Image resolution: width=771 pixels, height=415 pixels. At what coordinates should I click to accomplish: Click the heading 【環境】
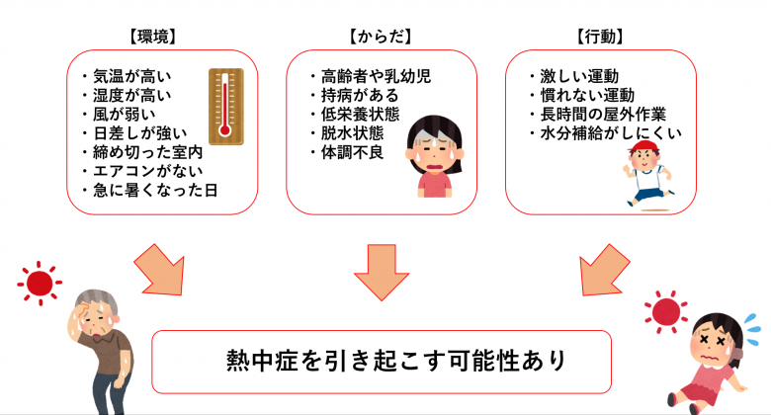[152, 37]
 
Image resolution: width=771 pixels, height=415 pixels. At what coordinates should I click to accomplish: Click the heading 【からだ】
[380, 37]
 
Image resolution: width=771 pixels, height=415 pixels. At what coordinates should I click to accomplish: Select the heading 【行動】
[599, 37]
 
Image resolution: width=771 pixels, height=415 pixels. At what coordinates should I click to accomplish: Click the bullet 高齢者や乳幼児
[370, 76]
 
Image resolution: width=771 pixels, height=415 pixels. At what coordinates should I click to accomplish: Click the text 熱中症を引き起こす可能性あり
[383, 360]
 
